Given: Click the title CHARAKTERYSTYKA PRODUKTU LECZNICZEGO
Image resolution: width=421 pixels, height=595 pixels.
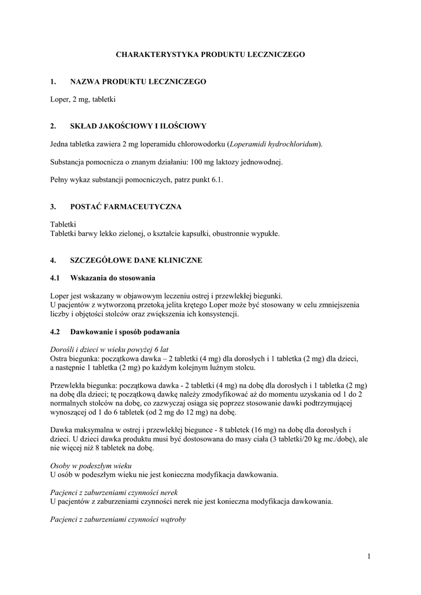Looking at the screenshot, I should [211, 54].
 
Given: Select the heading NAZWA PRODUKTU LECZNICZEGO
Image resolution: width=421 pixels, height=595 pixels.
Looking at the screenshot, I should [138, 82].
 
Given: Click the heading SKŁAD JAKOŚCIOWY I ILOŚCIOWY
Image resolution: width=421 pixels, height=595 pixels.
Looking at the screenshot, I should [138, 126].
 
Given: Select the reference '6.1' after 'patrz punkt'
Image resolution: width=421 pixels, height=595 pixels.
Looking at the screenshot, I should [217, 180].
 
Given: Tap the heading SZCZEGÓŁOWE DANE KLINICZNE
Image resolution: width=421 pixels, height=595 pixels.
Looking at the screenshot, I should [135, 260].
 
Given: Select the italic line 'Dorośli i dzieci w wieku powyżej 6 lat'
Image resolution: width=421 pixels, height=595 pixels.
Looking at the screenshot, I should [109, 350].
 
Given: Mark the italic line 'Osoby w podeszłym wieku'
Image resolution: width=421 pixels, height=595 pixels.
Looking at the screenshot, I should [91, 466].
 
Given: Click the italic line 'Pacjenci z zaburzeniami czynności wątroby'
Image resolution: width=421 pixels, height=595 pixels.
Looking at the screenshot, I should [118, 519].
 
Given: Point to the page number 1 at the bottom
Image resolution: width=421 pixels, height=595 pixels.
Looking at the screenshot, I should [369, 557].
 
